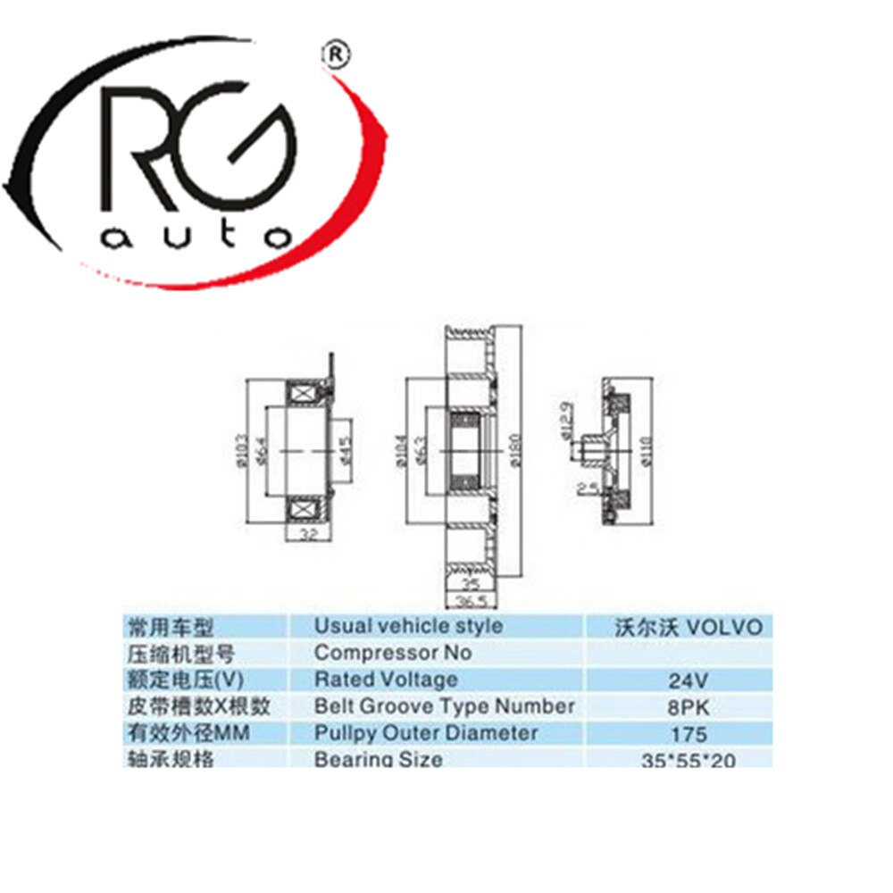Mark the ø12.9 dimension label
click(x=565, y=420)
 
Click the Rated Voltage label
click(x=386, y=680)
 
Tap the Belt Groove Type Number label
click(x=444, y=706)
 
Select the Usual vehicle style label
click(x=408, y=626)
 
